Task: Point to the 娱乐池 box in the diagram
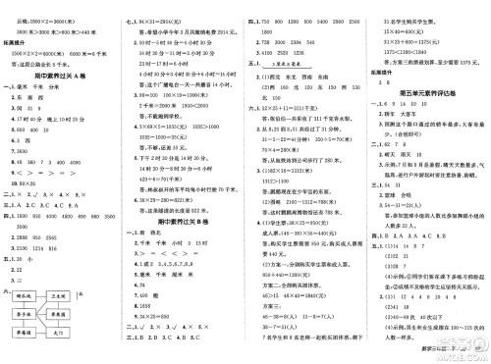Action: (x=27, y=291)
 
